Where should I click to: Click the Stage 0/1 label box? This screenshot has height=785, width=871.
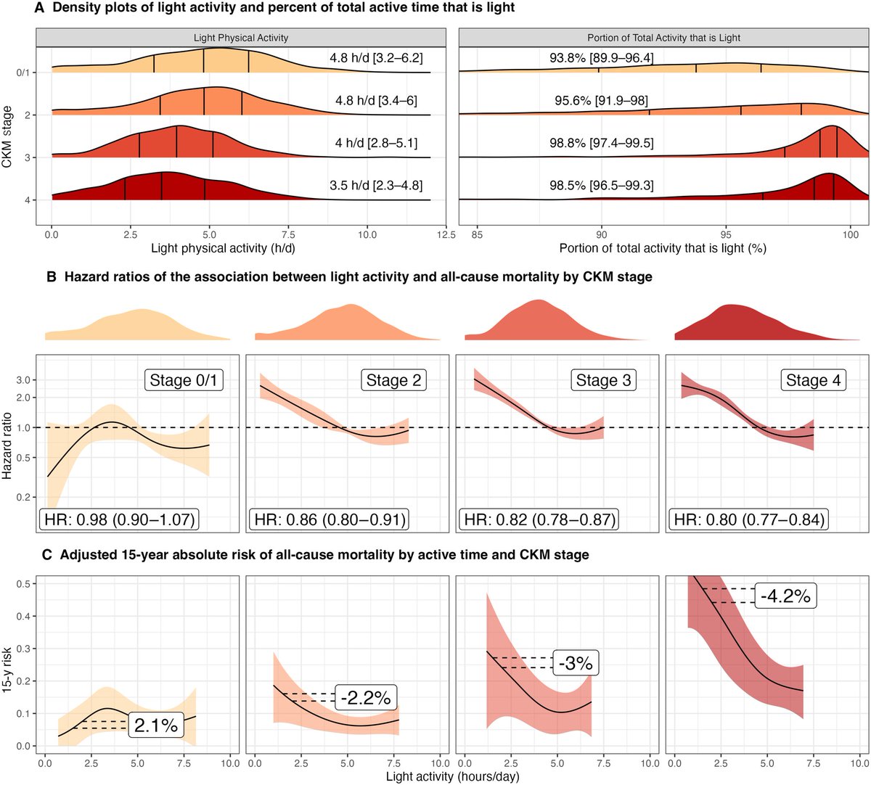185,380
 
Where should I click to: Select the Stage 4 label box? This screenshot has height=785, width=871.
813,380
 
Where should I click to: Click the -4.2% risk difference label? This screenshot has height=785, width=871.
785,596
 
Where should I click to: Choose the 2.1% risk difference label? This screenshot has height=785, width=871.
156,725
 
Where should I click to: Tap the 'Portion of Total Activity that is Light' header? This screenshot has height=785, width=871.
663,38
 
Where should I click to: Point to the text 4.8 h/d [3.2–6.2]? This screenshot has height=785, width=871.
376,58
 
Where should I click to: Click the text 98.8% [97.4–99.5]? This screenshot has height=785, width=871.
601,144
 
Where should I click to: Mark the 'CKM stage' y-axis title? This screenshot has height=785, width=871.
7,136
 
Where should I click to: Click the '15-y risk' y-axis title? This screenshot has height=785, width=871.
7,662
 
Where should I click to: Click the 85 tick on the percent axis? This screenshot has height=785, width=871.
477,234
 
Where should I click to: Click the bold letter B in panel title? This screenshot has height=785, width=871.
51,276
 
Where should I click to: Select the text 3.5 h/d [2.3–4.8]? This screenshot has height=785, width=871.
376,186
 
